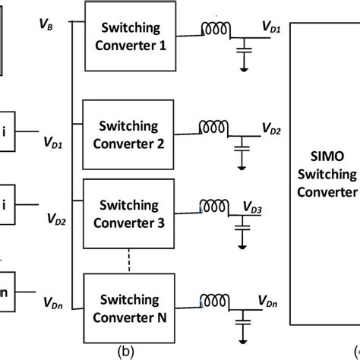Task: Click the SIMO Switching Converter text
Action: [x=327, y=175]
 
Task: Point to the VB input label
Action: [x=46, y=24]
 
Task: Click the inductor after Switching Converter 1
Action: [x=216, y=29]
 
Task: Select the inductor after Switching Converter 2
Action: [x=213, y=127]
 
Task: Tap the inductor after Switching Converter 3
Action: [x=214, y=206]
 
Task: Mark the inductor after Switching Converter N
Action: [x=215, y=301]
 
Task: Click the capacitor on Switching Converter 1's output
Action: [x=244, y=50]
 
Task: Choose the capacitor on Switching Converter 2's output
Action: [x=242, y=148]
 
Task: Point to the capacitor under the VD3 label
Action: [x=242, y=227]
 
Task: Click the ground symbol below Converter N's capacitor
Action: [x=243, y=342]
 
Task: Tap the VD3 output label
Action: [x=252, y=207]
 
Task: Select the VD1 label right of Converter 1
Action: [x=271, y=27]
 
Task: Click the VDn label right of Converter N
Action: [x=267, y=302]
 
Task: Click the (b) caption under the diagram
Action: [x=126, y=352]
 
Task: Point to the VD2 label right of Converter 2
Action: [x=271, y=128]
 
